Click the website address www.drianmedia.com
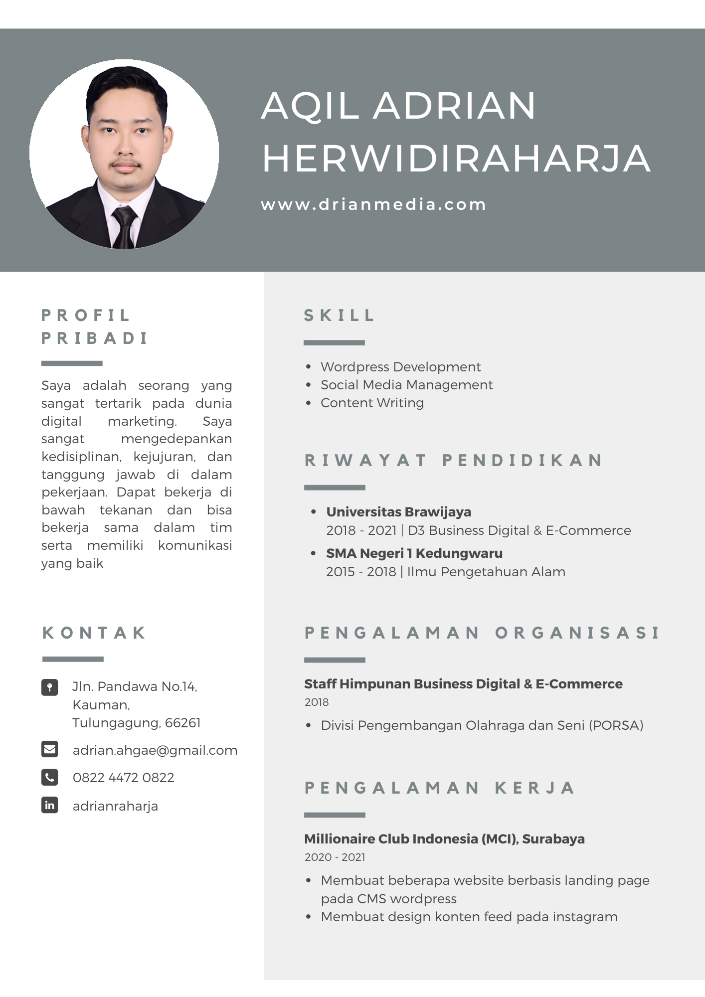coord(373,204)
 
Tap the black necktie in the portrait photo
coord(124,227)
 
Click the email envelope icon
coord(50,749)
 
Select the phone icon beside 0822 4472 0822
coord(50,777)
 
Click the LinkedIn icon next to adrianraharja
coord(50,805)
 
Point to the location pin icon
coord(50,687)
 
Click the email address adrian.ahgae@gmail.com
coord(155,750)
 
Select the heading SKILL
coord(339,316)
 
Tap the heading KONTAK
coord(94,633)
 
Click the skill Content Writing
coord(372,403)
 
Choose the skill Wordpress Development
coord(400,367)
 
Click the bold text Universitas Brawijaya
coord(398,512)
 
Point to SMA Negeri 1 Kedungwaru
coord(414,553)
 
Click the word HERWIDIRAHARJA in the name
coord(456,159)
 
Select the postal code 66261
coord(183,723)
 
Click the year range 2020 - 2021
coord(335,857)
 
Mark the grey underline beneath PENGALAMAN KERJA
coord(335,815)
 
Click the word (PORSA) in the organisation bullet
coord(616,725)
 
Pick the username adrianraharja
coord(115,806)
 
